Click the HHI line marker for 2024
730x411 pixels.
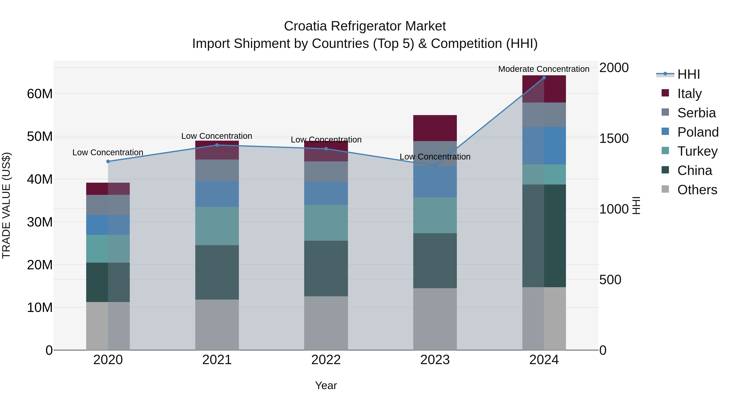[544, 78]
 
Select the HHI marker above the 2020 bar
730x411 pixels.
[108, 161]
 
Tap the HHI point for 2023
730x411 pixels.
[435, 166]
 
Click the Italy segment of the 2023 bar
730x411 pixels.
[435, 128]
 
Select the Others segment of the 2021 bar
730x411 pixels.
[217, 325]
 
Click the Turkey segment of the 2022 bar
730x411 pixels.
[326, 223]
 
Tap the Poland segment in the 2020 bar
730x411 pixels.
[108, 225]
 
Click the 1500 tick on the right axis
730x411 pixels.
[614, 138]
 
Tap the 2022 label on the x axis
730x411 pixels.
[326, 360]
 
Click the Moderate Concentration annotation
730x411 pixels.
[543, 69]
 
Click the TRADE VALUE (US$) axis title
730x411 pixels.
[6, 205]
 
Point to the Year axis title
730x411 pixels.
[326, 385]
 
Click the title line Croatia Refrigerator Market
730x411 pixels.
[365, 26]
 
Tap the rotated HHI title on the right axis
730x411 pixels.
[636, 205]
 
